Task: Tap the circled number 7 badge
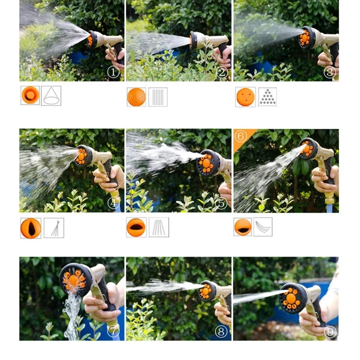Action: coord(114,331)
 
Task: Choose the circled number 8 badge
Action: coord(221,332)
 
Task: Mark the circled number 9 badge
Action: coord(330,332)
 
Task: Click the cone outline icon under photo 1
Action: coord(51,95)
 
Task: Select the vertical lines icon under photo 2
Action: coord(158,97)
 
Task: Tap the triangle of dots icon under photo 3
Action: coord(267,97)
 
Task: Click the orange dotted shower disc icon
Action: coord(136,97)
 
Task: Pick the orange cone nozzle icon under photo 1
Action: coord(30,95)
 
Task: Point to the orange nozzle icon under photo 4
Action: coord(31,228)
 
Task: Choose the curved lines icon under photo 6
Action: coord(263,227)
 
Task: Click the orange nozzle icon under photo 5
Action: coord(136,227)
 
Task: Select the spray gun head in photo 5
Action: coord(207,162)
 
